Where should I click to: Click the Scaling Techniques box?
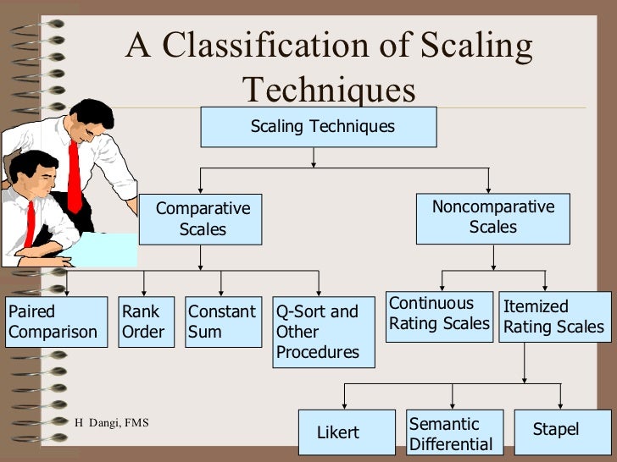click(319, 127)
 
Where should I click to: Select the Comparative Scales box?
click(203, 218)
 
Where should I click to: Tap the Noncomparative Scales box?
click(492, 217)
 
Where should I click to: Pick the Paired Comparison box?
click(55, 322)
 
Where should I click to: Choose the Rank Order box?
click(144, 322)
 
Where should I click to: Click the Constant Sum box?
click(223, 322)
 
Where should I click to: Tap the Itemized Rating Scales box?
click(554, 316)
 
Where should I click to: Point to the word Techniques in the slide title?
click(329, 90)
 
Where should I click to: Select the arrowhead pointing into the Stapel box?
click(560, 405)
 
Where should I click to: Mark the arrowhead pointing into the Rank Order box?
click(145, 292)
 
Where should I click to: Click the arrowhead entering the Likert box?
click(343, 405)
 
